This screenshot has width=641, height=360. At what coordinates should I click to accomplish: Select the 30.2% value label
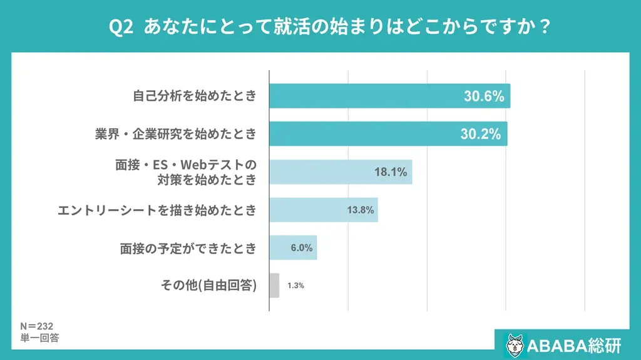[480, 133]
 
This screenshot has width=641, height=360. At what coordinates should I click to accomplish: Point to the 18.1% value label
[391, 172]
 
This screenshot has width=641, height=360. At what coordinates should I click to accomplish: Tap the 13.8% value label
[361, 210]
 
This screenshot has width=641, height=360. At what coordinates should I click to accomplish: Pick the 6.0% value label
[301, 247]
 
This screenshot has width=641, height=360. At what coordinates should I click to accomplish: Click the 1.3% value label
[295, 285]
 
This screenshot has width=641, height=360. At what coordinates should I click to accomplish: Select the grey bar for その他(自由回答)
[274, 285]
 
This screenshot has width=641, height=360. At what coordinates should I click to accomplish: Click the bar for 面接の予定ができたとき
[293, 247]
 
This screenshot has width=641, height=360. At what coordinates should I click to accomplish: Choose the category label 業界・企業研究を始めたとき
[175, 133]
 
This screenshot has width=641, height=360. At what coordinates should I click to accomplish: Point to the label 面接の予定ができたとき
[188, 248]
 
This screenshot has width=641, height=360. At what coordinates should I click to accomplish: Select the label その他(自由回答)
[209, 286]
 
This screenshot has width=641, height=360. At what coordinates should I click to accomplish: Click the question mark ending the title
[544, 27]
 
